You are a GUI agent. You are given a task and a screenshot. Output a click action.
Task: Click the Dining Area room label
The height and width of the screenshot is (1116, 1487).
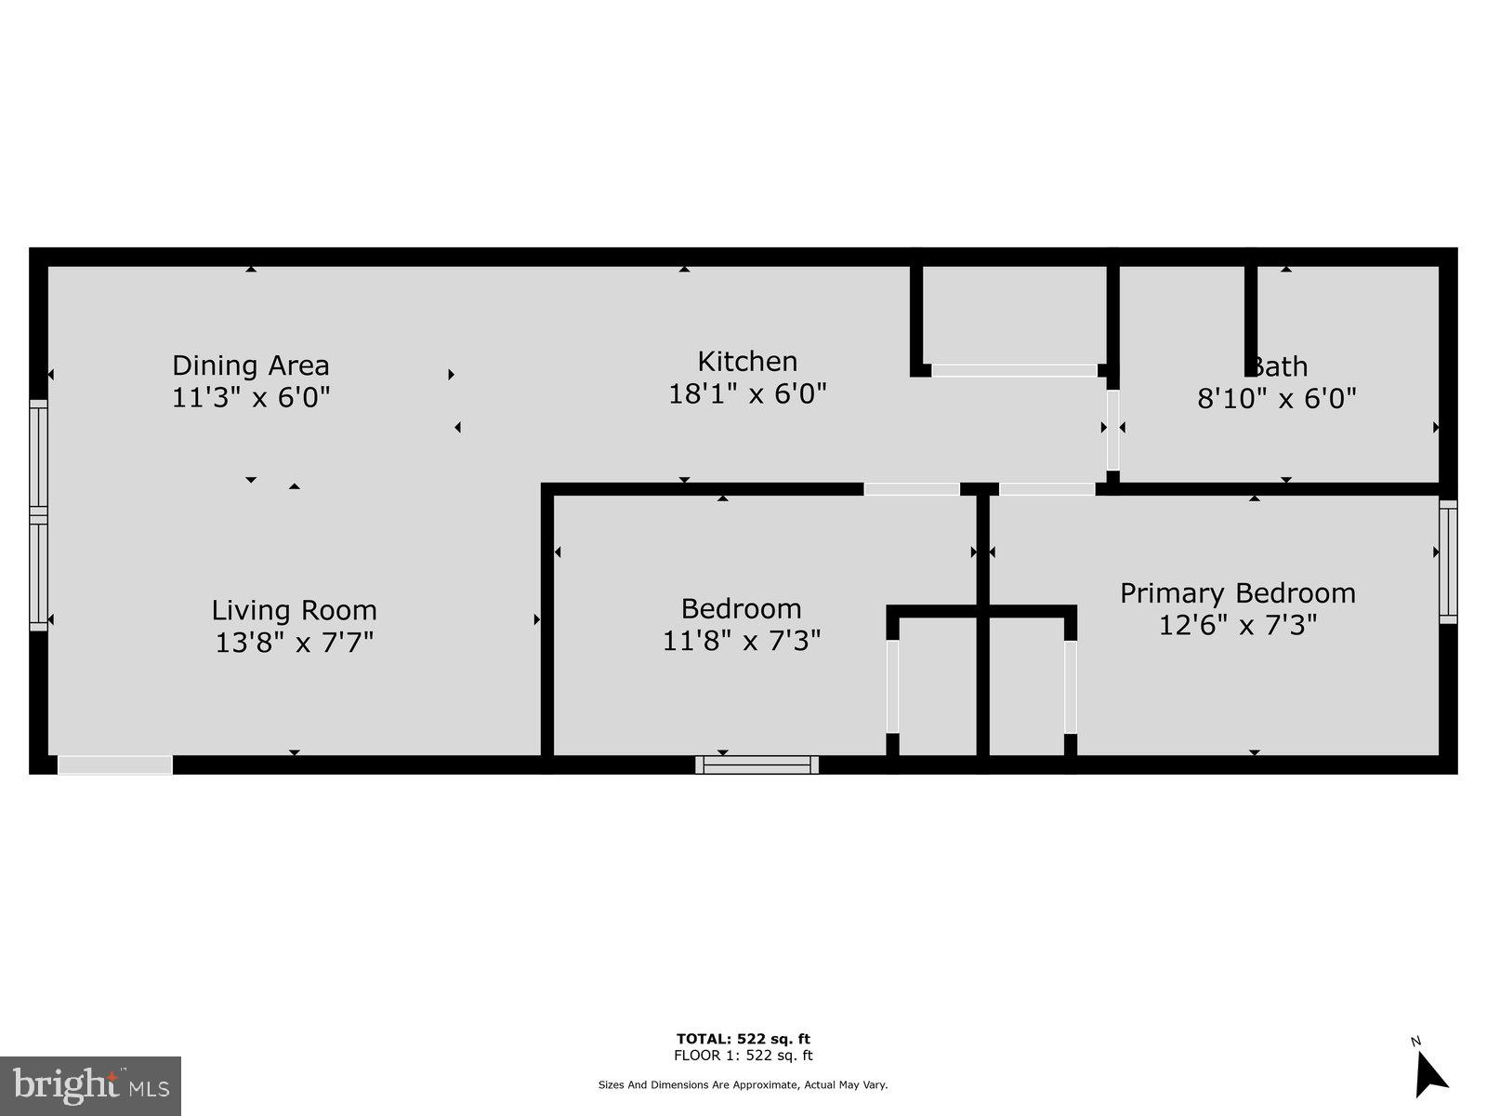pos(251,365)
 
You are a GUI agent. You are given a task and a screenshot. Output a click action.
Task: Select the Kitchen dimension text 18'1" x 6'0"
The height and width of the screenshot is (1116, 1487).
pos(747,394)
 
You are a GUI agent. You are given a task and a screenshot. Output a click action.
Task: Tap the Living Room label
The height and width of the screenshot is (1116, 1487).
pos(294,610)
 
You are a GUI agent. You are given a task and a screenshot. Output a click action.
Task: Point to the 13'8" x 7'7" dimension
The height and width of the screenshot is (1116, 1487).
pos(294,643)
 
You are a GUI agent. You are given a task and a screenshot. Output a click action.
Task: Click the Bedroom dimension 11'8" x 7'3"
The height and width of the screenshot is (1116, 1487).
pos(741,641)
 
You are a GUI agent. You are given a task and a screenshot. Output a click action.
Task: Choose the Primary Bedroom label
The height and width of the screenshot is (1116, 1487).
pos(1237,592)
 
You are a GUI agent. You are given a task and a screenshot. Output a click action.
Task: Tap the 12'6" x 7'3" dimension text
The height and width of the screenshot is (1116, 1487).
pos(1237,625)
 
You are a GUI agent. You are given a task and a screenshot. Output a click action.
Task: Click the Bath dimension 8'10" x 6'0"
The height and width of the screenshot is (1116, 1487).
pos(1276,399)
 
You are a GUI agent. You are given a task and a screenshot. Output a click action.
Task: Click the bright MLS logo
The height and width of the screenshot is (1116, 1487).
pos(90,1085)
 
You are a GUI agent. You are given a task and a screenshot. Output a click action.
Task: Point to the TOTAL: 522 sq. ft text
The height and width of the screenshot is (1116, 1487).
pos(743,1039)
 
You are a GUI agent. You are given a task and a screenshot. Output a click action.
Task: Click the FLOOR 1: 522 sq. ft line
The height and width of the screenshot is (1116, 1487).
pos(743,1056)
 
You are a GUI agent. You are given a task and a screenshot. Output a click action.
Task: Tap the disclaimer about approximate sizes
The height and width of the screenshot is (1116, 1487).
pos(743,1084)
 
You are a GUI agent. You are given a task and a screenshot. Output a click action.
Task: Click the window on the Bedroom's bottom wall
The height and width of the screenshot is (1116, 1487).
pos(757,764)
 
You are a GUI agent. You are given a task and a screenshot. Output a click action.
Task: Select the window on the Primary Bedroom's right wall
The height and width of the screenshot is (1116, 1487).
pos(1448,561)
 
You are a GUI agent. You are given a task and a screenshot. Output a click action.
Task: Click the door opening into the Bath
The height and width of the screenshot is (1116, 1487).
pos(1112,430)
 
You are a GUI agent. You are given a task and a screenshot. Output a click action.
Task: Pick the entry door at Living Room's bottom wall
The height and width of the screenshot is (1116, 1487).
pos(115,764)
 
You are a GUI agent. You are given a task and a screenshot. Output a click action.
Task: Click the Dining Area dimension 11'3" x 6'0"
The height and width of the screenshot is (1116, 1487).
pos(251,398)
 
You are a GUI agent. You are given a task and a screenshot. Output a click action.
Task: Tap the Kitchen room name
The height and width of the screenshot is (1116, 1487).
pos(747,361)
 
